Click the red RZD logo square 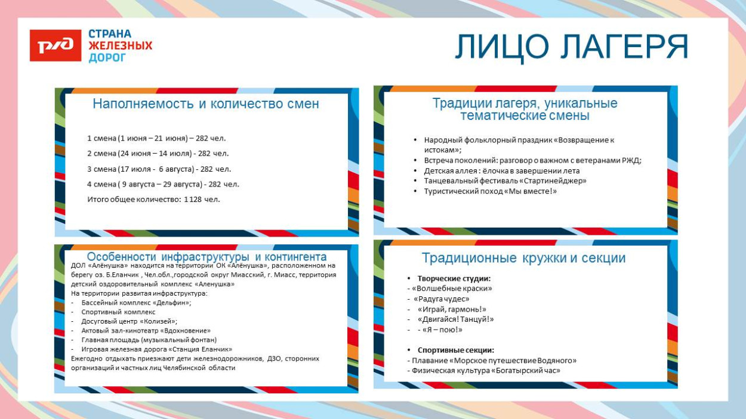click(56, 45)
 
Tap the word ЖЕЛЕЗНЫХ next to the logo click(120, 46)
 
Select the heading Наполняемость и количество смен click(206, 104)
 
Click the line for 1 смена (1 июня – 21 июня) click(156, 138)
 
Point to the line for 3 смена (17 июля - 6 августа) click(159, 169)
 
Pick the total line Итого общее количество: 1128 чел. click(153, 199)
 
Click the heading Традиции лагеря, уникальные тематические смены click(525, 109)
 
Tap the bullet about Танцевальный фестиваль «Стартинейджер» click(505, 181)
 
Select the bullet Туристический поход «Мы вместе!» click(490, 191)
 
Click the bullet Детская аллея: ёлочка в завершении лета click(501, 170)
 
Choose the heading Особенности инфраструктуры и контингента click(206, 257)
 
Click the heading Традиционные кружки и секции click(523, 258)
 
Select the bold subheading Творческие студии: click(454, 278)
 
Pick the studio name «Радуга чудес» click(442, 299)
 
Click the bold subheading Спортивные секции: click(455, 350)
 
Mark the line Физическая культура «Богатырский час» click(485, 370)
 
